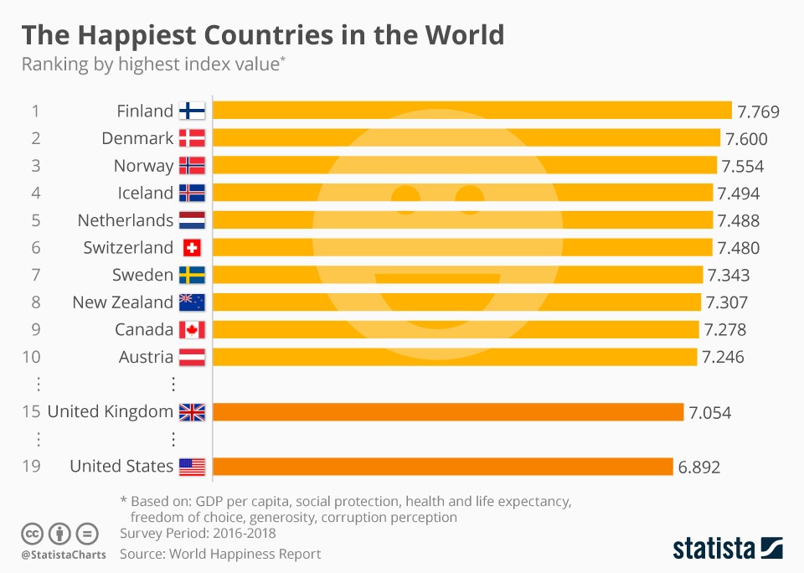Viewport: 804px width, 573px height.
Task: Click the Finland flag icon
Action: click(192, 111)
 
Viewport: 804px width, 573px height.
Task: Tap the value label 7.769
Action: click(758, 111)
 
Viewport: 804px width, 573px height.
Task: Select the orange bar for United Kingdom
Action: click(449, 412)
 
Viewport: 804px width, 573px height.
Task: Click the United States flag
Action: click(192, 467)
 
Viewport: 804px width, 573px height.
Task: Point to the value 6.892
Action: click(698, 467)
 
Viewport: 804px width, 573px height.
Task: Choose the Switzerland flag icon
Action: click(192, 248)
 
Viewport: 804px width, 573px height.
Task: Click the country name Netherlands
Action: click(126, 220)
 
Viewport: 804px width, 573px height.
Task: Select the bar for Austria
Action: click(456, 358)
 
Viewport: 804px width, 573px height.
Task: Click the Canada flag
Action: click(192, 330)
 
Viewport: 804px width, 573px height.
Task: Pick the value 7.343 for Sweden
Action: click(729, 276)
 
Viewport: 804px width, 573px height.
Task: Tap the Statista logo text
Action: click(711, 549)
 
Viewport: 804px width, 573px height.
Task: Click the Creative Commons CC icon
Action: click(33, 533)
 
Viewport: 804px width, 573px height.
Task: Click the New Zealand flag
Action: click(192, 302)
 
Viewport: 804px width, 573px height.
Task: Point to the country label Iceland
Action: click(145, 193)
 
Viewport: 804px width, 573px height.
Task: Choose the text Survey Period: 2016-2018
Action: click(198, 534)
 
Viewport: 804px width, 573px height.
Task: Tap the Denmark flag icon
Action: click(192, 138)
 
